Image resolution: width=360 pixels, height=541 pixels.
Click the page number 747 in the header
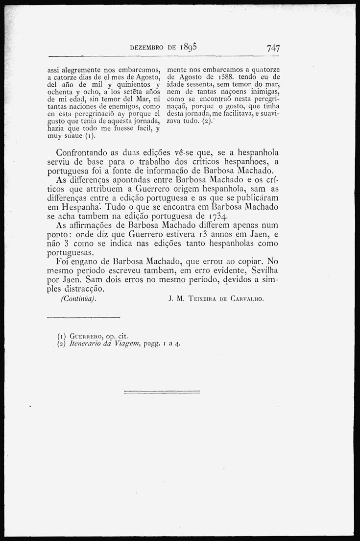click(273, 48)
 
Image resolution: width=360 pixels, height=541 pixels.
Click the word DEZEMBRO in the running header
click(147, 48)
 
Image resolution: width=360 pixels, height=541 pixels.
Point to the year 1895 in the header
click(188, 47)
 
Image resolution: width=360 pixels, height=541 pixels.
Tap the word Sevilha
click(263, 270)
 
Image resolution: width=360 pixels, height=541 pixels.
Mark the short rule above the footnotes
click(83, 317)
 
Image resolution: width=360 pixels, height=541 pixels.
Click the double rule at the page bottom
click(162, 392)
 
